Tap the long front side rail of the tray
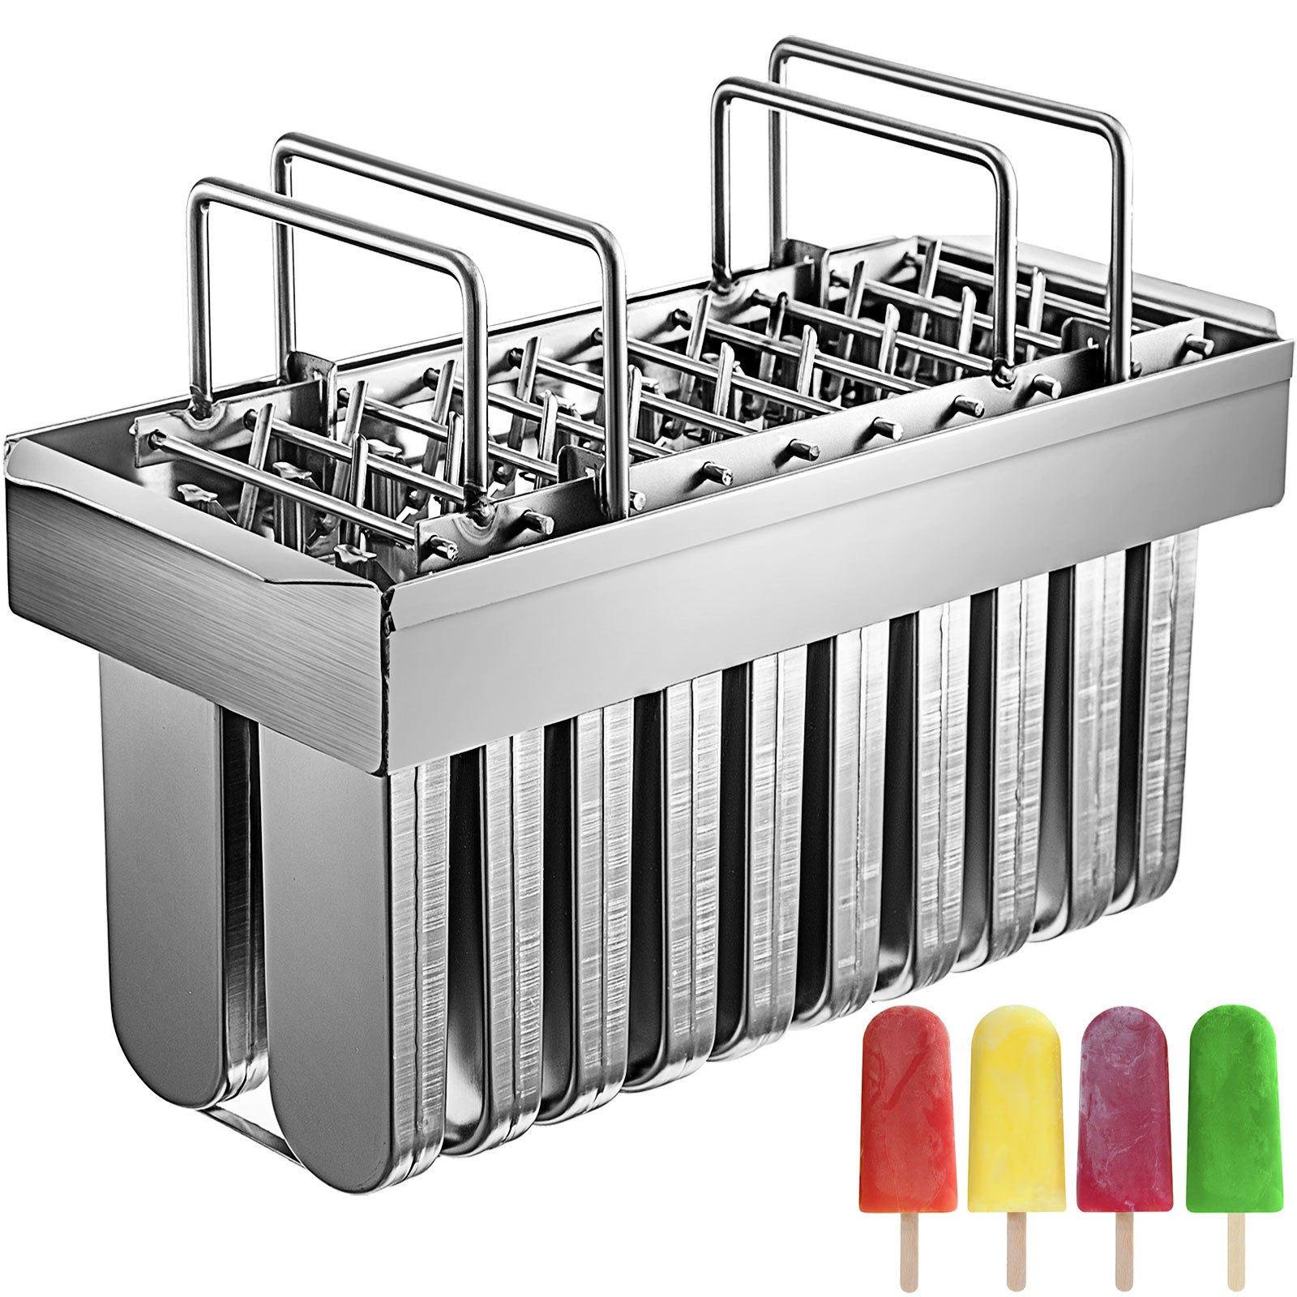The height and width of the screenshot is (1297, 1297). tap(811, 519)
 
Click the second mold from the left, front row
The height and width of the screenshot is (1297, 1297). tap(340, 973)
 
